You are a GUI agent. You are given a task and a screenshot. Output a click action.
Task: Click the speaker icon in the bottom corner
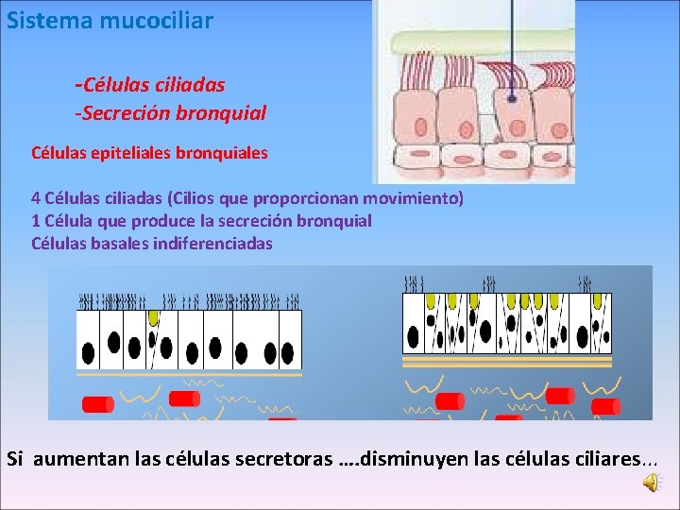pos(653,483)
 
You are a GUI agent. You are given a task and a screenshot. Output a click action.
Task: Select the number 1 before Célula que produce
pos(36,220)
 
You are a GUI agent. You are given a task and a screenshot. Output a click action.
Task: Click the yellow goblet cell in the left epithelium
pos(153,317)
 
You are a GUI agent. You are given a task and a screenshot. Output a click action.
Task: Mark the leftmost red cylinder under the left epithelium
pos(98,404)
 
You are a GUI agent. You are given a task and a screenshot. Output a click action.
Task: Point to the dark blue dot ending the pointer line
pos(512,97)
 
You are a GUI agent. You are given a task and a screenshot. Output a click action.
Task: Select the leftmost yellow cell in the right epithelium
pos(412,301)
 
